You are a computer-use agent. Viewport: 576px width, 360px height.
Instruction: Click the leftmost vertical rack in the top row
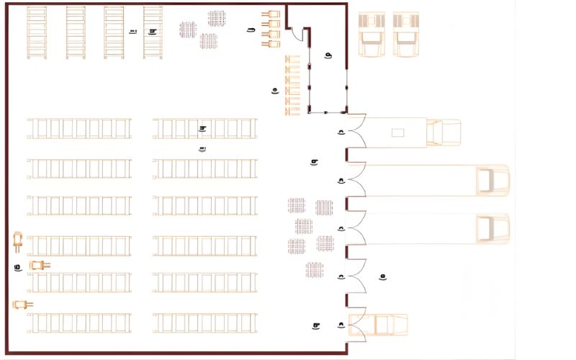[37, 32]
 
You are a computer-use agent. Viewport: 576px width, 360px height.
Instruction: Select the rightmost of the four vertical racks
[153, 32]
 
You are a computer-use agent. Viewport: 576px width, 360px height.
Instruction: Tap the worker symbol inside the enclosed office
[328, 55]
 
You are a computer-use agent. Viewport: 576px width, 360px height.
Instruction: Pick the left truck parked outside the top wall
[372, 34]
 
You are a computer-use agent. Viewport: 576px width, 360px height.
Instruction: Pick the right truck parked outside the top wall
[406, 34]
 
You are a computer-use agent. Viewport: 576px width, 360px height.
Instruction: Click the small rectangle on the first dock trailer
[397, 132]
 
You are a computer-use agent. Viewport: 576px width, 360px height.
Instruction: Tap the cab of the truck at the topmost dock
[444, 132]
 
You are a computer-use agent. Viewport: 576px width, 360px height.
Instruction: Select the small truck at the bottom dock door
[378, 325]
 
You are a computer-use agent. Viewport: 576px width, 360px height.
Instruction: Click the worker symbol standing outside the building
[383, 276]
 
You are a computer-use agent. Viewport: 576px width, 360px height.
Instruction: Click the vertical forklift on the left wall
[18, 240]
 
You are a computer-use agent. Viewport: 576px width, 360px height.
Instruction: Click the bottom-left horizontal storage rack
[80, 323]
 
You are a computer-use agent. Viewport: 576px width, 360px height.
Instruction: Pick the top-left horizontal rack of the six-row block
[80, 128]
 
